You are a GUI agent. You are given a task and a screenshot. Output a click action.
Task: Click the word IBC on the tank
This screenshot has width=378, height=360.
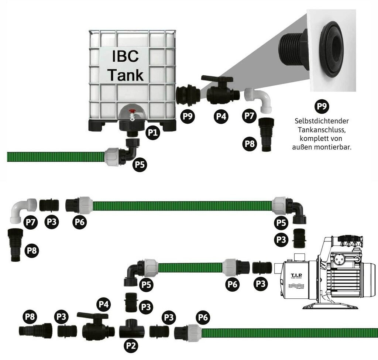coord(125,57)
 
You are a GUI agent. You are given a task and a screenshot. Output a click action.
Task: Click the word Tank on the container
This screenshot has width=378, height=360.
coord(125,75)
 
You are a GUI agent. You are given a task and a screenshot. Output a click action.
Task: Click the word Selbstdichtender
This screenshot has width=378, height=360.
coord(322,121)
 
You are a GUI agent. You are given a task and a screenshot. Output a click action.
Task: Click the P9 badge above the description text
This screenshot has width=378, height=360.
coord(322,107)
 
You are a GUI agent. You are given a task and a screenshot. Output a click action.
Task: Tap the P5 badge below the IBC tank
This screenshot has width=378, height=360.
coord(140,164)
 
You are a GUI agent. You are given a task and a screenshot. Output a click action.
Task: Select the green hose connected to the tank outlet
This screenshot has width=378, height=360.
coord(55,157)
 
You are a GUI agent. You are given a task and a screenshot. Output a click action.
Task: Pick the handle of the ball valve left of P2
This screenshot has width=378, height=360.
coord(92,315)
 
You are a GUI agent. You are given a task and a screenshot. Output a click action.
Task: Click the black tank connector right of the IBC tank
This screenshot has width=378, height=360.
coord(188,95)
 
